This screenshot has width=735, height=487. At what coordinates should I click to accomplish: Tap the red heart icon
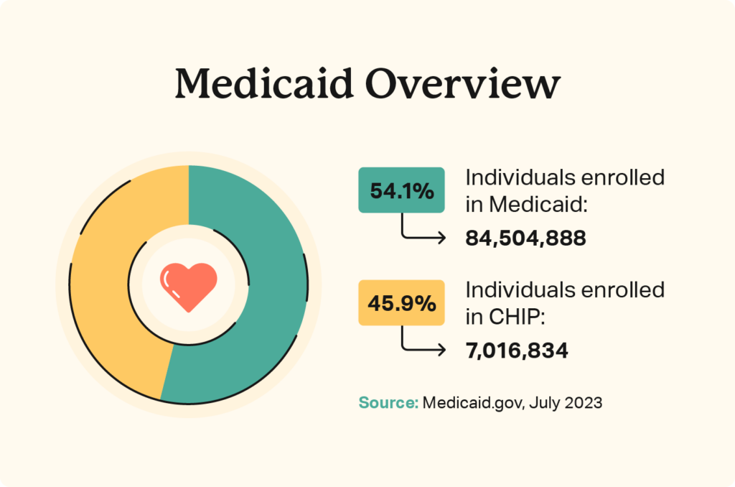[188, 286]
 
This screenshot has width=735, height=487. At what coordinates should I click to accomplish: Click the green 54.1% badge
[401, 190]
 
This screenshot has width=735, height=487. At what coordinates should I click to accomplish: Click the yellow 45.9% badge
[401, 303]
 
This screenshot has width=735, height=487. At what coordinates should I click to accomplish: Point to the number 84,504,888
[525, 238]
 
